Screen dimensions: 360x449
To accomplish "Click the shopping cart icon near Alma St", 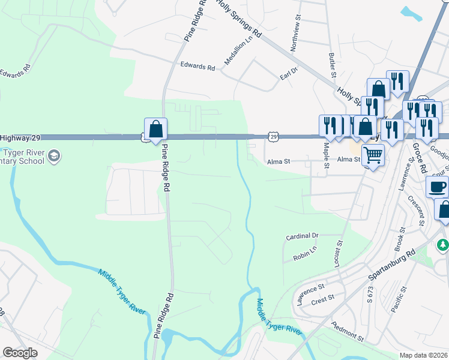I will [x=373, y=155].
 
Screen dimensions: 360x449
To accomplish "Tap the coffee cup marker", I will [x=437, y=187].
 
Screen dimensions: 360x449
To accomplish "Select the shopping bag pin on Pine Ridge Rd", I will [x=155, y=128].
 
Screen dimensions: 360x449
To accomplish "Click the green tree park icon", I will [x=442, y=245].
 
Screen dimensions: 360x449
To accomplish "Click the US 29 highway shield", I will [x=273, y=137].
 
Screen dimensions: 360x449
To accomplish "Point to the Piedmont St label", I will [x=348, y=331].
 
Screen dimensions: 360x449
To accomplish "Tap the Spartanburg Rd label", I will [x=393, y=263].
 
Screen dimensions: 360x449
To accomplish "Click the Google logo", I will [x=20, y=353].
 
